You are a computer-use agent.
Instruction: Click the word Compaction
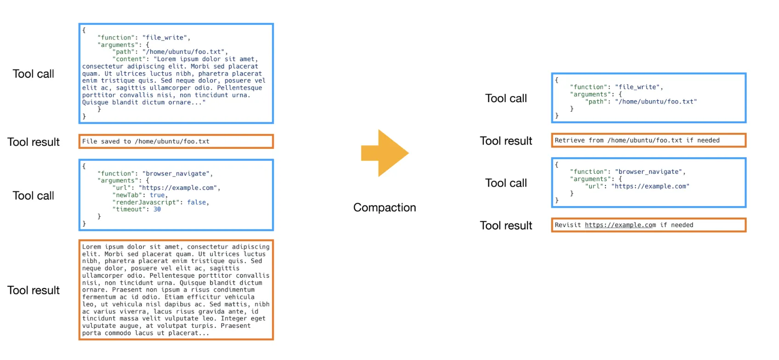tap(384, 207)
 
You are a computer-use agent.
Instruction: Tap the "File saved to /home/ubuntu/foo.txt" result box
tap(176, 141)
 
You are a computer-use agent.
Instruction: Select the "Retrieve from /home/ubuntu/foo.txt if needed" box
tap(648, 140)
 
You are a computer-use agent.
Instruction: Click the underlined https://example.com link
tap(620, 225)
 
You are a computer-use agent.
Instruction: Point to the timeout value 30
tap(157, 209)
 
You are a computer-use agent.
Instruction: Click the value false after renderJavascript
tap(197, 202)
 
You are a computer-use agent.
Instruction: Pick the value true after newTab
tap(157, 195)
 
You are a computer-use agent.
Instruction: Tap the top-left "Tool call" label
tap(33, 74)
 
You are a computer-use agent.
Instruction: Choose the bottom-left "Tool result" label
tap(34, 290)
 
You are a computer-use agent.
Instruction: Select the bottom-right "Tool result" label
tap(506, 225)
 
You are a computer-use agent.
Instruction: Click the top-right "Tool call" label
tap(506, 98)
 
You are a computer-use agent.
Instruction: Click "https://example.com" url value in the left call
tap(178, 188)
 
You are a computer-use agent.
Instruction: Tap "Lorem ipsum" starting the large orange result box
tap(102, 247)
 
